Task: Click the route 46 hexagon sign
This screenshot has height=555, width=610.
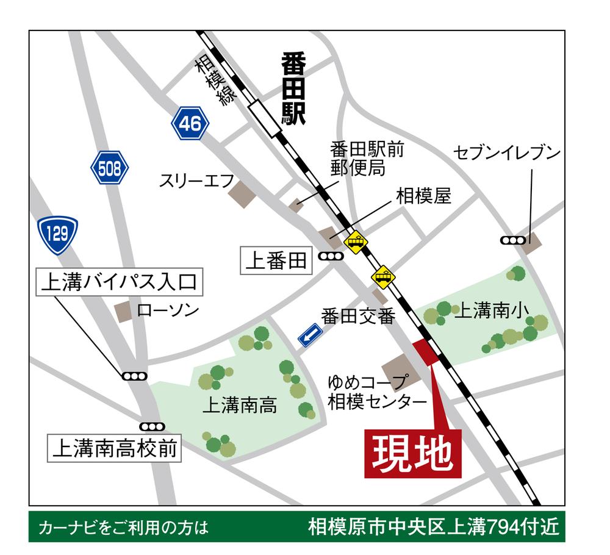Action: (190, 124)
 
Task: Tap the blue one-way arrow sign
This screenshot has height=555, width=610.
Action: (310, 335)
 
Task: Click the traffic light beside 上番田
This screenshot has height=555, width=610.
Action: (331, 258)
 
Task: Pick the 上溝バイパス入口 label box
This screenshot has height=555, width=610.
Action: (118, 283)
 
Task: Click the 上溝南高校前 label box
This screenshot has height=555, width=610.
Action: (115, 449)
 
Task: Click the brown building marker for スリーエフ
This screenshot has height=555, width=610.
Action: (242, 193)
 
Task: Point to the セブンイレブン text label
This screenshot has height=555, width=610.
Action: (506, 153)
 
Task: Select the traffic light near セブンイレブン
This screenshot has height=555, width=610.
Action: (512, 240)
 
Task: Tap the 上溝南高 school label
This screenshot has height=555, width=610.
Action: (243, 404)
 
